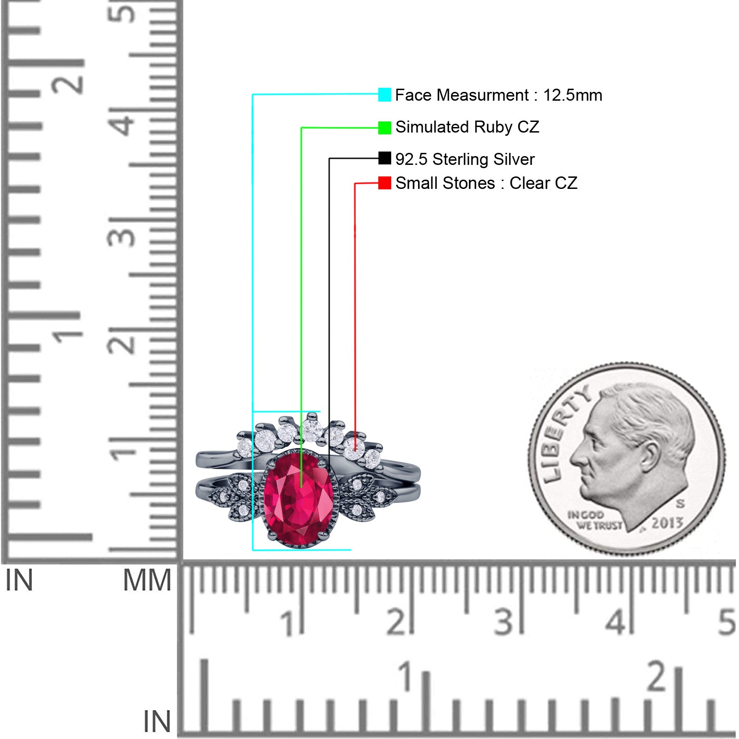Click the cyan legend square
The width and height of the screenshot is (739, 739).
384,95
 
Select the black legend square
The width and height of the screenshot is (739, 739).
384,158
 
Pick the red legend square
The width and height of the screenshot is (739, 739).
384,183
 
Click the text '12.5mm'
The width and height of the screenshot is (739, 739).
572,95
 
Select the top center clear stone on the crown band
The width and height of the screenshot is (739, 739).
312,430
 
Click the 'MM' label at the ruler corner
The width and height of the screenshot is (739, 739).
147,581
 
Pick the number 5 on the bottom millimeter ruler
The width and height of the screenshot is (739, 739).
727,621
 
